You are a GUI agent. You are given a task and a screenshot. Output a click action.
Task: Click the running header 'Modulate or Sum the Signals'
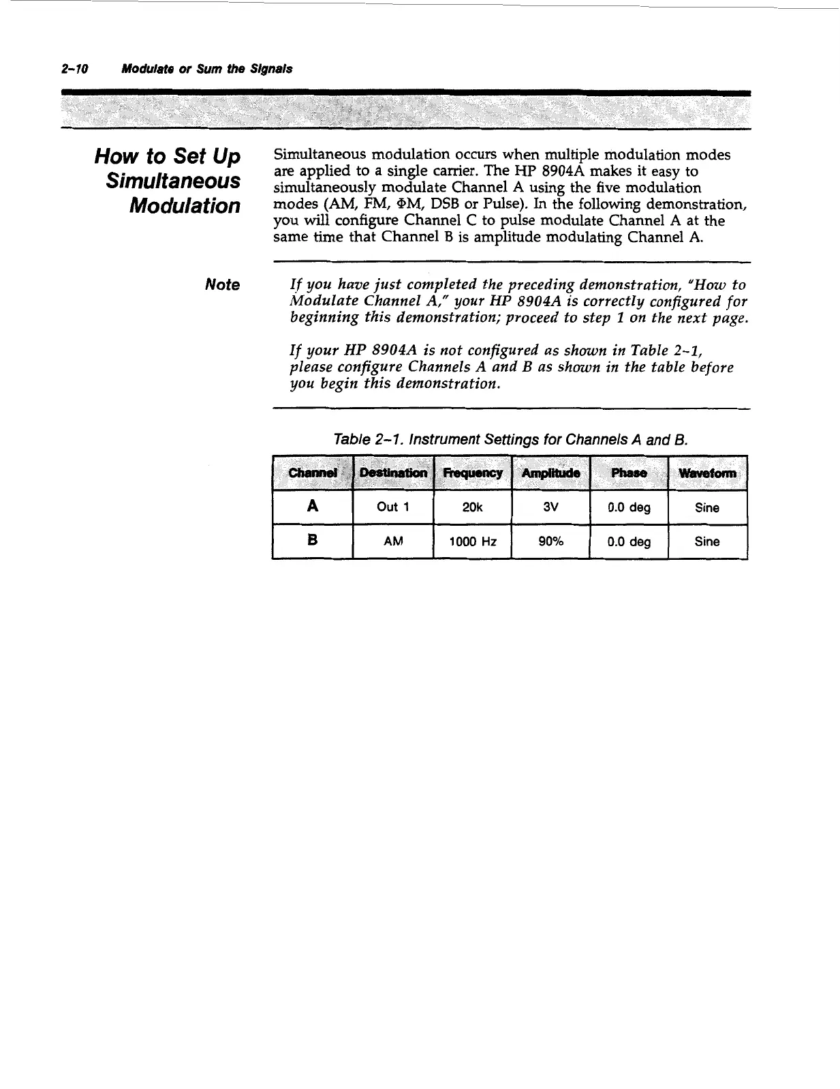206,69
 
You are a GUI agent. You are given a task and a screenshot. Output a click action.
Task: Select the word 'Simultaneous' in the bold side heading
174,181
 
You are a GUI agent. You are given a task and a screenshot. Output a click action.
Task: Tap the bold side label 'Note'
222,285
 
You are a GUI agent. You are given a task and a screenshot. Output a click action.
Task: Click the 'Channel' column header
313,473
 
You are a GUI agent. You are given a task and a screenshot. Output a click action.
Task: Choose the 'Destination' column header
393,473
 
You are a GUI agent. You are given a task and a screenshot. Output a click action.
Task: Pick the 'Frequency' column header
472,473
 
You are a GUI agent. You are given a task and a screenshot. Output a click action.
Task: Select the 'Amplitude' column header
550,473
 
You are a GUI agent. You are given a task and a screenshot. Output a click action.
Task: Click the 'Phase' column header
628,473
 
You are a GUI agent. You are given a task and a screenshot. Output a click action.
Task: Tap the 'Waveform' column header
707,473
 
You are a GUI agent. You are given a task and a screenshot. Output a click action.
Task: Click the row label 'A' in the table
313,507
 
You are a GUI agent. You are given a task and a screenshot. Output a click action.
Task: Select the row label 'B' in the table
313,541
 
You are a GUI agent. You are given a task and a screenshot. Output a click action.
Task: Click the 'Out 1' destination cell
392,507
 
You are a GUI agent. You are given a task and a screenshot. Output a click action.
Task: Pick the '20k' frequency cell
472,507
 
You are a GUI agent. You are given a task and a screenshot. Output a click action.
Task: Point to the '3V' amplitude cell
550,507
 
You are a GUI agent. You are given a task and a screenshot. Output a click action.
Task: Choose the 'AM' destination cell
393,541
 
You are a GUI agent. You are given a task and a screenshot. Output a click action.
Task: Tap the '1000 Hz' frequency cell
472,541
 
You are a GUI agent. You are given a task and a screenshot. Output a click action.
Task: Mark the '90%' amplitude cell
550,541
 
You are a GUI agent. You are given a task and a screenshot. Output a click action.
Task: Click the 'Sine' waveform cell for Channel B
707,541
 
